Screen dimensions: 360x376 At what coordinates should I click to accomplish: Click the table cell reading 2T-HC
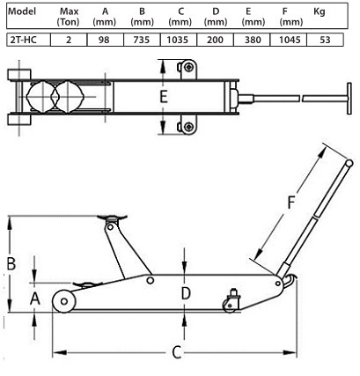(x=24, y=40)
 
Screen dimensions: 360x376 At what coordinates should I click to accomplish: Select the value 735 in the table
(x=142, y=40)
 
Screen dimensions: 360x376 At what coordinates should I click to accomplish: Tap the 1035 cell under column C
(x=178, y=40)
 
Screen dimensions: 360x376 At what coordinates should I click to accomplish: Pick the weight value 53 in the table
(x=325, y=40)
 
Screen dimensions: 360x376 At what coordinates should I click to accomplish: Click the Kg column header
(x=320, y=11)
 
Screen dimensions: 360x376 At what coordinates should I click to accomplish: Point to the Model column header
(x=22, y=11)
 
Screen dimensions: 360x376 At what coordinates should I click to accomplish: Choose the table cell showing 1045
(x=290, y=40)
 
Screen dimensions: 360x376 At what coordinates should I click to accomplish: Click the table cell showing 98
(x=104, y=40)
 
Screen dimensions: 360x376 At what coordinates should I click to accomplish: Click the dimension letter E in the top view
(x=164, y=97)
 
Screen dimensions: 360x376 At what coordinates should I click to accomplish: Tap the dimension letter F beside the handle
(x=290, y=203)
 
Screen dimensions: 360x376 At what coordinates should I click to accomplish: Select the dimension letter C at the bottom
(x=176, y=352)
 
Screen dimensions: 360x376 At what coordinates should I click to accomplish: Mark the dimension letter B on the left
(x=11, y=263)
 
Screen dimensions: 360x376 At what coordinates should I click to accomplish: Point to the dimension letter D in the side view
(x=186, y=293)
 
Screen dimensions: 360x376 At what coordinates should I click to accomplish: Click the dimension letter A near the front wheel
(x=35, y=299)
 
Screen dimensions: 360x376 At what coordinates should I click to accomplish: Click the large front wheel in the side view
(x=64, y=301)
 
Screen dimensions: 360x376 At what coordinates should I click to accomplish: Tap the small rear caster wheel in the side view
(x=229, y=306)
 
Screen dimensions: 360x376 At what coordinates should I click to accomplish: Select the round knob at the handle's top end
(x=349, y=163)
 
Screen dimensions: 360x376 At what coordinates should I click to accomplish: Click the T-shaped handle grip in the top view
(x=349, y=99)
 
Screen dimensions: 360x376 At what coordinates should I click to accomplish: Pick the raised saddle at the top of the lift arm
(x=113, y=218)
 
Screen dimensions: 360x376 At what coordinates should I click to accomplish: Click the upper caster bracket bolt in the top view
(x=188, y=68)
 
